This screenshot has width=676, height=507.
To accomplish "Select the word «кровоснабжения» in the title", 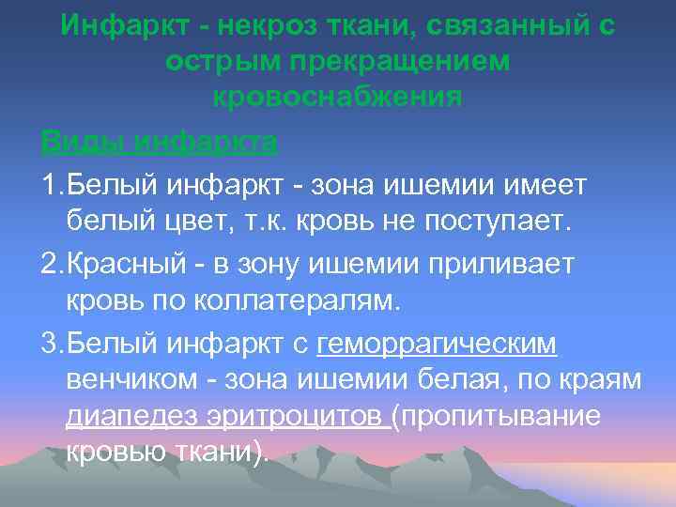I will [x=337, y=96].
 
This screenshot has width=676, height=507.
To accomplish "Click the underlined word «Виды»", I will [x=83, y=143].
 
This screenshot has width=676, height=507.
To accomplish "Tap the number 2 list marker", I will [x=49, y=265].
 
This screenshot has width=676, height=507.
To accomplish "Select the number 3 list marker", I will [x=49, y=346].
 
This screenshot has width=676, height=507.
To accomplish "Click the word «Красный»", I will [x=127, y=265].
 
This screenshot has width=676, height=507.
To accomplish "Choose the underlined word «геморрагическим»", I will [x=438, y=346].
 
